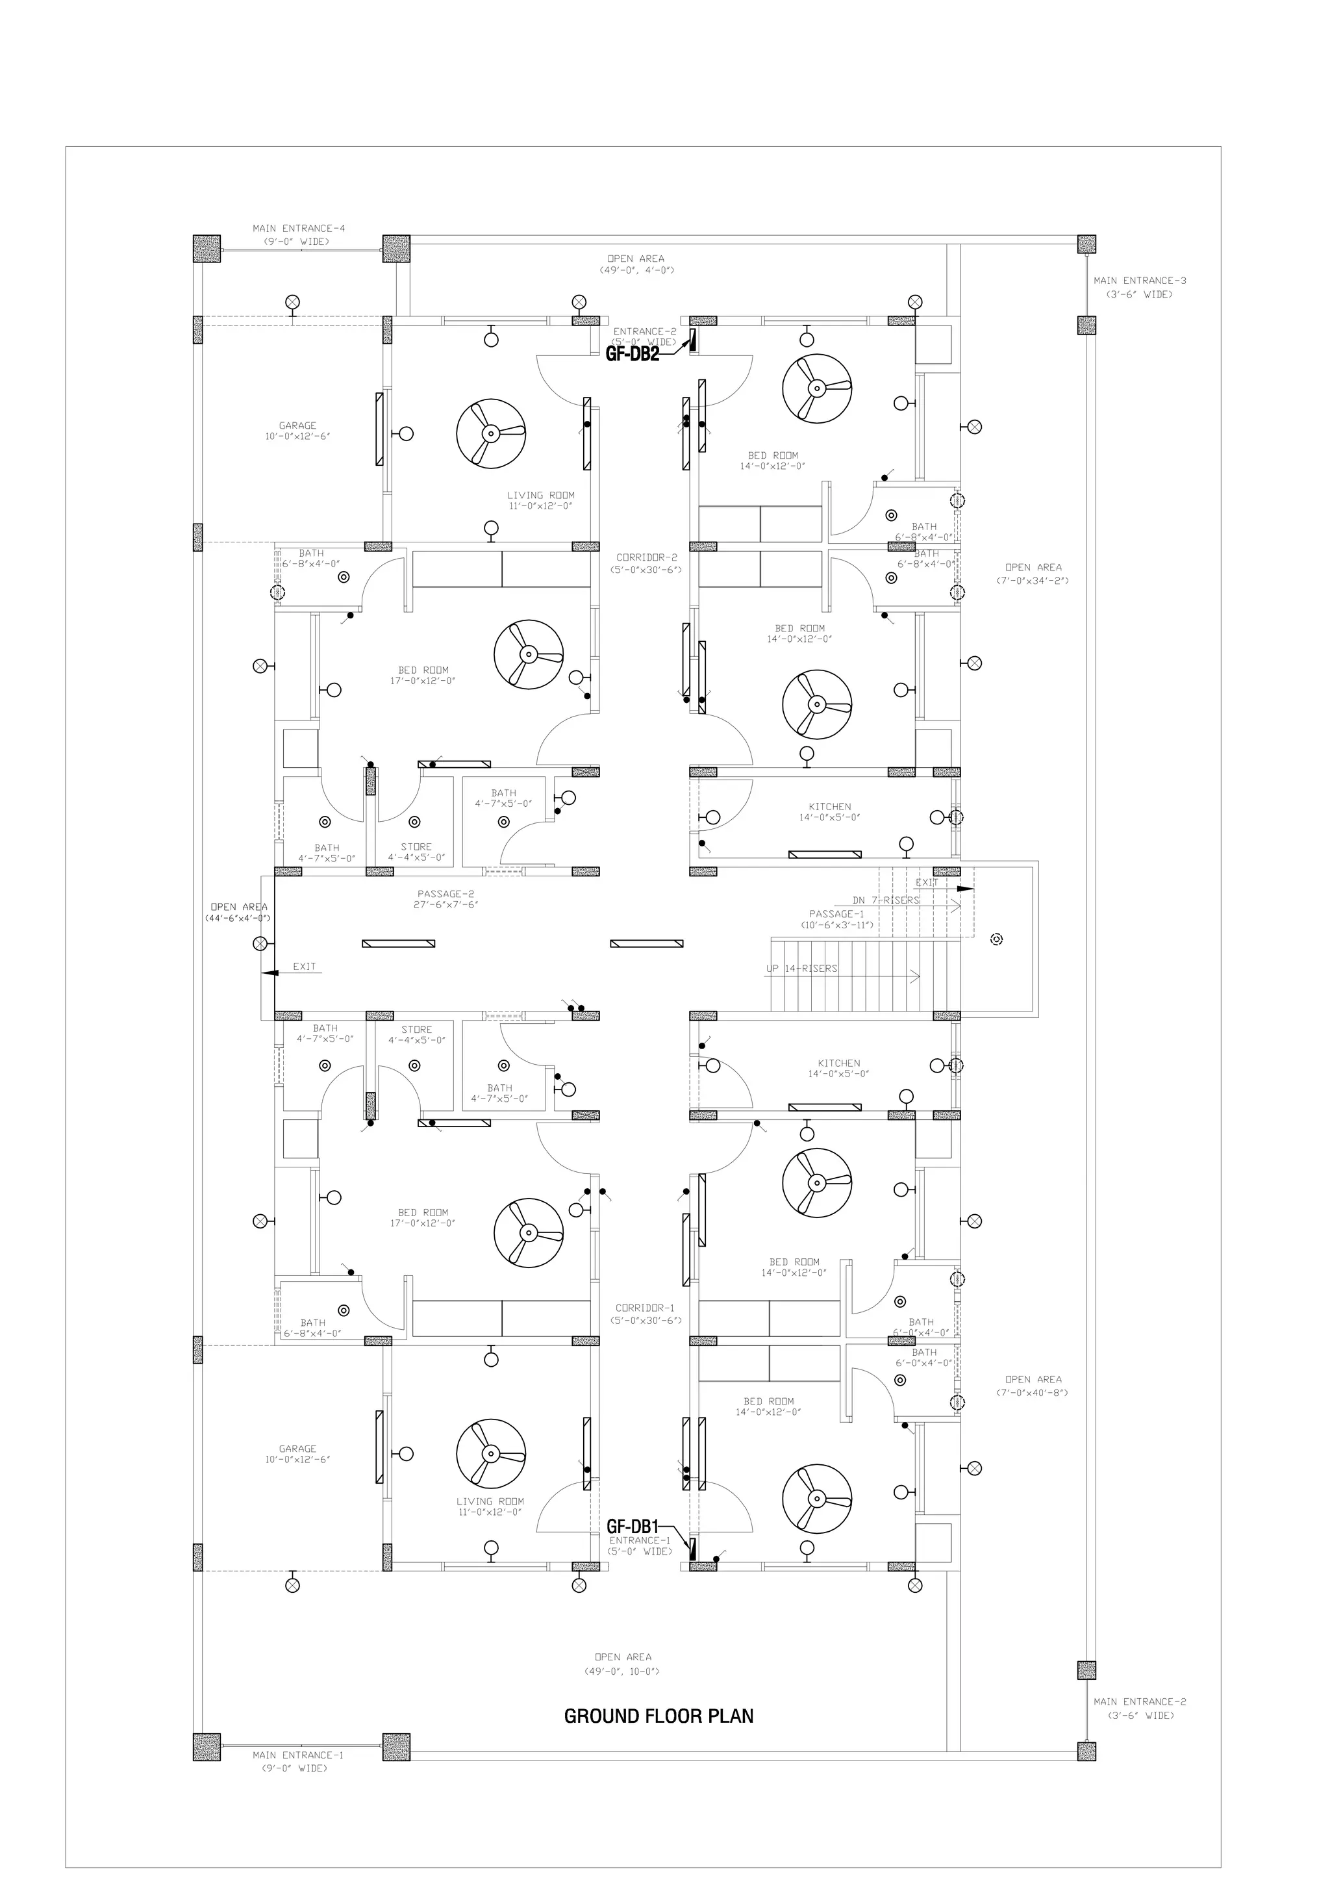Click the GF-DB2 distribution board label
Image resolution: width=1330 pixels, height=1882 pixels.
click(632, 354)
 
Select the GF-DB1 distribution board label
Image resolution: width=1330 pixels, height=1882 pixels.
click(633, 1526)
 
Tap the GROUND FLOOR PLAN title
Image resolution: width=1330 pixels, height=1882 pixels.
click(659, 1716)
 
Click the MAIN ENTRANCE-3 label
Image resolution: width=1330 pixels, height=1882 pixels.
click(1140, 281)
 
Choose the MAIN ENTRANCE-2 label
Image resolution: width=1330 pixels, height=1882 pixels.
click(1140, 1701)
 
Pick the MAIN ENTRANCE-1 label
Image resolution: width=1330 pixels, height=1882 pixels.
click(297, 1755)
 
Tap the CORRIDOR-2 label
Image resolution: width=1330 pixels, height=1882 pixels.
click(647, 557)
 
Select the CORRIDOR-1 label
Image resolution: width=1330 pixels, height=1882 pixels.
click(646, 1308)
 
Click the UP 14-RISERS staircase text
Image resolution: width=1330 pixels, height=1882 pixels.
click(801, 969)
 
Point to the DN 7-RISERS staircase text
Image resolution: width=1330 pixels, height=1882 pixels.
click(886, 900)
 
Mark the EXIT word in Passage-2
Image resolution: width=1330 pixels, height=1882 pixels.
click(304, 967)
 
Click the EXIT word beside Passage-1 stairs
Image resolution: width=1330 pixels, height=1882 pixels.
click(927, 883)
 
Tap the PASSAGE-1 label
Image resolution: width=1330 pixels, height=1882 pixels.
click(836, 914)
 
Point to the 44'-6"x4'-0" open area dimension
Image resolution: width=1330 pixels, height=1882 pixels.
click(238, 919)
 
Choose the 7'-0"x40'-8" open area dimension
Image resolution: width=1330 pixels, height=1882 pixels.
click(1033, 1393)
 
